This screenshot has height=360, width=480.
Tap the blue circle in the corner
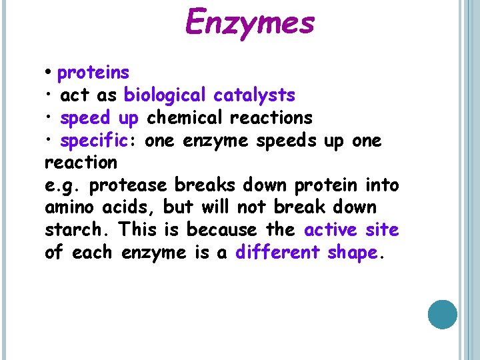442,315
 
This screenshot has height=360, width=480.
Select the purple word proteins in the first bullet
93,72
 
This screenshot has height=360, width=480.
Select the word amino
65,207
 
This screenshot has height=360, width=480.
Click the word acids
123,207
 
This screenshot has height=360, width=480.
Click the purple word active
330,230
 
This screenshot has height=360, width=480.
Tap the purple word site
383,230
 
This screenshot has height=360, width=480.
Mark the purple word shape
352,253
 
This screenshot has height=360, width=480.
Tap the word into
383,185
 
